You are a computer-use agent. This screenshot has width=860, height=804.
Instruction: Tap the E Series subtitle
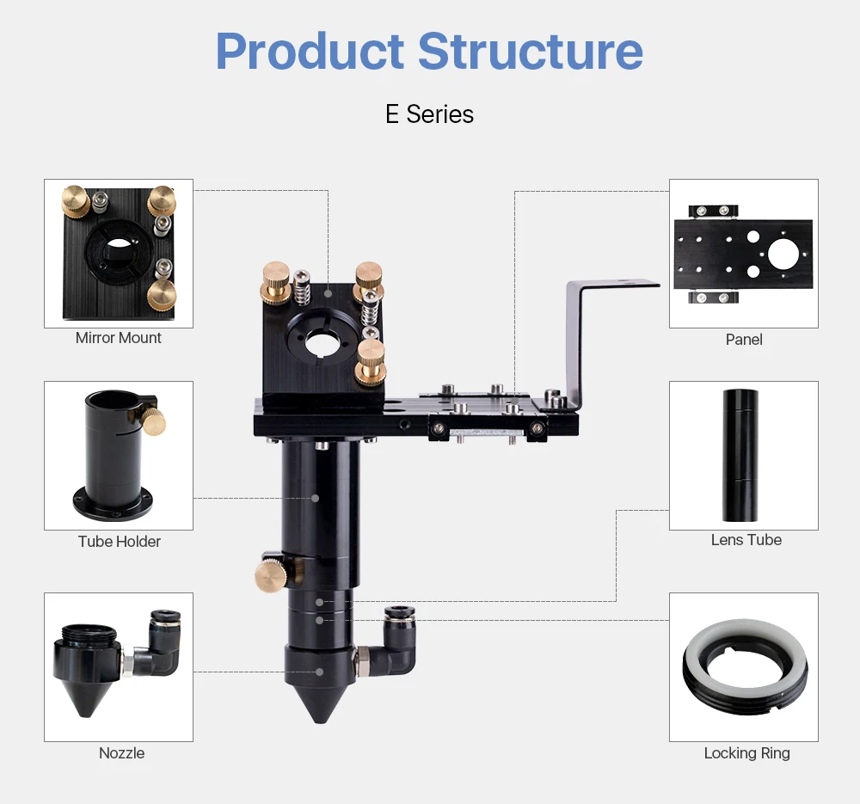click(429, 114)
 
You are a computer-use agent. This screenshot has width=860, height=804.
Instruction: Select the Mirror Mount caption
click(119, 338)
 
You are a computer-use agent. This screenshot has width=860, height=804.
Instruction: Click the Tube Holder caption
click(120, 541)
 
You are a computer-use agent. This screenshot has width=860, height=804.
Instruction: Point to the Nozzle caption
click(121, 752)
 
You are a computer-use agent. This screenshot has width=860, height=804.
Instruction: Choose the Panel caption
click(744, 340)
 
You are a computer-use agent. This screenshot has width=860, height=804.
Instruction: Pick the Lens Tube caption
click(746, 540)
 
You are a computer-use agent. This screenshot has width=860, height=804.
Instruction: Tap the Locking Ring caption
click(746, 753)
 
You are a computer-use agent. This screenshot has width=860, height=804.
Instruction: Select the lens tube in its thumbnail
click(740, 455)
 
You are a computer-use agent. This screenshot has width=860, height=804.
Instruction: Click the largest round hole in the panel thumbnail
click(783, 255)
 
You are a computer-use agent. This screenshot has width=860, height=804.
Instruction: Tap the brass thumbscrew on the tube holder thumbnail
click(155, 422)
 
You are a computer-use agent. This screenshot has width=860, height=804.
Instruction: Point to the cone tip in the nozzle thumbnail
click(84, 705)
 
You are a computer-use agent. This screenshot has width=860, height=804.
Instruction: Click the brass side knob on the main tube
click(270, 574)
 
